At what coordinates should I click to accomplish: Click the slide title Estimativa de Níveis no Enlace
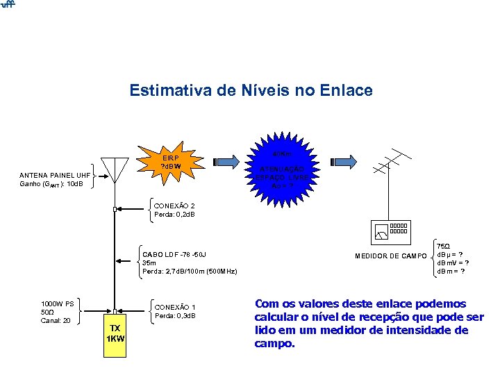[x=251, y=91]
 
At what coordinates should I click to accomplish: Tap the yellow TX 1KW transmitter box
[x=115, y=333]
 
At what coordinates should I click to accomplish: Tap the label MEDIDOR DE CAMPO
[x=391, y=256]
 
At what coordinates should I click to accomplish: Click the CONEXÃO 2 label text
[x=174, y=206]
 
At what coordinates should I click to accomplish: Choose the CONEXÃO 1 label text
[x=174, y=307]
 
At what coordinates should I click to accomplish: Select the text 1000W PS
[x=57, y=303]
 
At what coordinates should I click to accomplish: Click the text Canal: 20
[x=56, y=320]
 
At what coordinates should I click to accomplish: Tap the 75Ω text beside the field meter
[x=443, y=246]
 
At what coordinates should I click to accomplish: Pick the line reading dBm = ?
[x=451, y=271]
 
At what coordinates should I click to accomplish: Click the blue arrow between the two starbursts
[x=231, y=162]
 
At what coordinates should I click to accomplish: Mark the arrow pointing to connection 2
[x=132, y=207]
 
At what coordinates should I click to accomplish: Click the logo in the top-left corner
[x=8, y=6]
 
